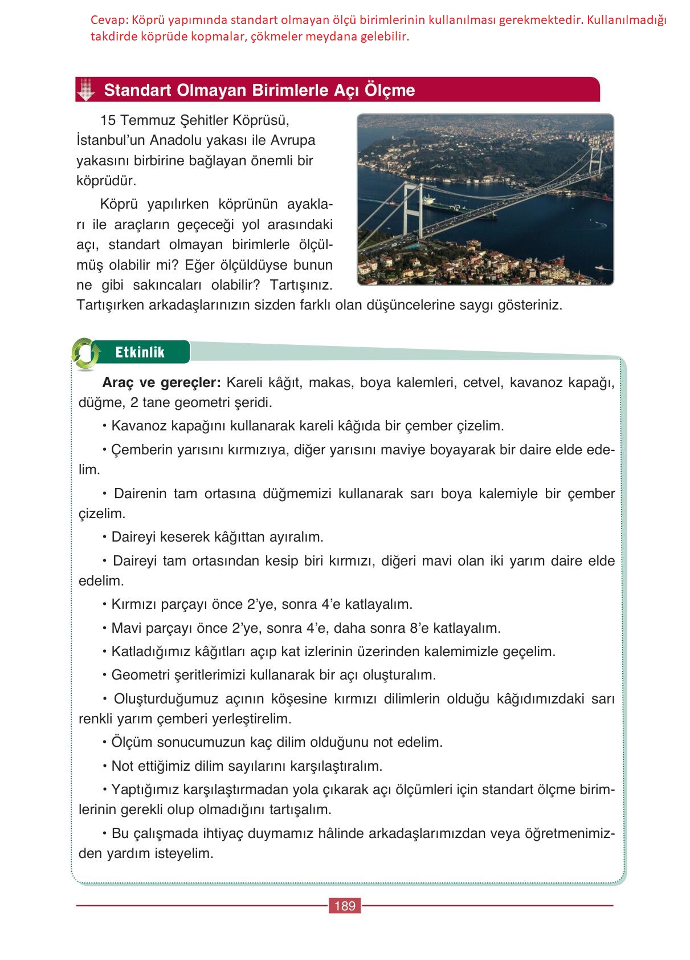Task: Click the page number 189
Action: point(345,906)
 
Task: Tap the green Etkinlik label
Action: point(140,352)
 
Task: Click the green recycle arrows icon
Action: point(85,353)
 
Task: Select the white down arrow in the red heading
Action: point(86,90)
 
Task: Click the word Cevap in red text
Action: point(109,21)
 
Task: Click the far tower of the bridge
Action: point(595,160)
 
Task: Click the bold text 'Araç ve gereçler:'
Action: point(161,383)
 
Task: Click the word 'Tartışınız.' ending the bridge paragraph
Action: point(301,284)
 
